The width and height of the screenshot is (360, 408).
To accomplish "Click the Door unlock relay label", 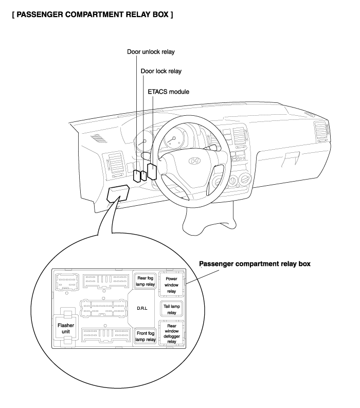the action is (x=151, y=52).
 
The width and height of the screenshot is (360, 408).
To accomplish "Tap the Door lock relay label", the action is (x=161, y=71).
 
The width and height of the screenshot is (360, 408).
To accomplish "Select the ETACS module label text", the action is (x=168, y=92).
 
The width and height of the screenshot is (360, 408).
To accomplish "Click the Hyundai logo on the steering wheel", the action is (x=194, y=161).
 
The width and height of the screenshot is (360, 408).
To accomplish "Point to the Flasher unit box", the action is (x=66, y=328).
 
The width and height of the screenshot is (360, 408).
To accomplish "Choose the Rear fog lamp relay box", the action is (x=146, y=281).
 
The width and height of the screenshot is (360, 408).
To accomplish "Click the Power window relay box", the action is (x=171, y=285).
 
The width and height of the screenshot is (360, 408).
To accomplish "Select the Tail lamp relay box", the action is (x=172, y=309).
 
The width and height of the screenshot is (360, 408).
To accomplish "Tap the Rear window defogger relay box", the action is (x=172, y=333).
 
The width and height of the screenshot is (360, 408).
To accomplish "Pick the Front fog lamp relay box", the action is (x=146, y=336).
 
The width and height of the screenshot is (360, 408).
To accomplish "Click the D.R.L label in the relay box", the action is (x=142, y=308).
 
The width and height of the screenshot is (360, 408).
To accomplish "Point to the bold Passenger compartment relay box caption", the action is (x=255, y=264).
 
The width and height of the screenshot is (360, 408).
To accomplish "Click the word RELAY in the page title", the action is (x=137, y=14).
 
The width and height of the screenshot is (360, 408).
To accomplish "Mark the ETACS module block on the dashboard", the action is (x=152, y=171).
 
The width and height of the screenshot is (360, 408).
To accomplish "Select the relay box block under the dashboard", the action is (x=118, y=193).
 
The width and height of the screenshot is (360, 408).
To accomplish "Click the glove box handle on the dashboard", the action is (x=291, y=159).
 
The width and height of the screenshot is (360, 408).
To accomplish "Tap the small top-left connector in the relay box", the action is (x=67, y=282).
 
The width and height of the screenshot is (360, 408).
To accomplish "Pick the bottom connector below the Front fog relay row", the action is (x=106, y=335).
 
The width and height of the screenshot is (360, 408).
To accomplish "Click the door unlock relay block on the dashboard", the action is (x=137, y=175).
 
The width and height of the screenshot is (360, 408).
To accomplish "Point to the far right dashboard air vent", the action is (x=321, y=132).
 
